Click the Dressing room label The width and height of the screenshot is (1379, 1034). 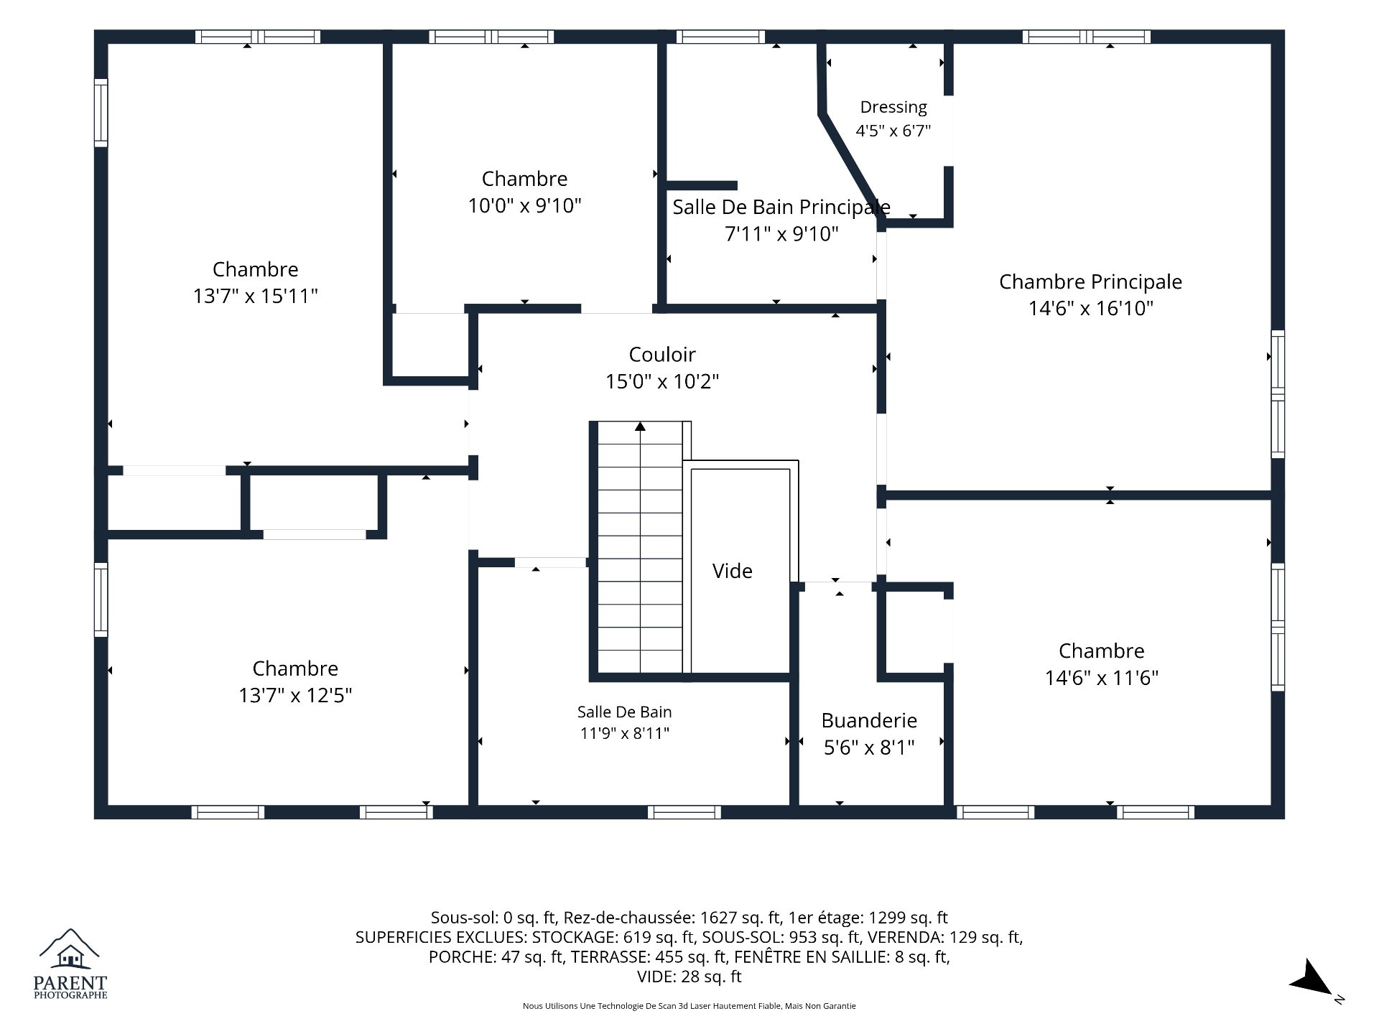pos(893,107)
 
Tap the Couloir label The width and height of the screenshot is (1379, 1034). pos(662,354)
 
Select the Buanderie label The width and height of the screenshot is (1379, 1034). pos(869,720)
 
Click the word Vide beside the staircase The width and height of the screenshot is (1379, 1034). pos(733,571)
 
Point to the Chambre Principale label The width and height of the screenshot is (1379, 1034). pos(1090,281)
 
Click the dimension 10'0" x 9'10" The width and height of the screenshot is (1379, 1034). pos(524,206)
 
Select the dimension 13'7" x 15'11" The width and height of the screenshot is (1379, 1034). pos(255,296)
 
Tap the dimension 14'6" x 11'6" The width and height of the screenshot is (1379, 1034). pos(1101,678)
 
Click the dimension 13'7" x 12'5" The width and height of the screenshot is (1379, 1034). pos(295,695)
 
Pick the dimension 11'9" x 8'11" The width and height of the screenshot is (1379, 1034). pos(625,733)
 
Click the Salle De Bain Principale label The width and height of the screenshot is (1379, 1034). pos(781,208)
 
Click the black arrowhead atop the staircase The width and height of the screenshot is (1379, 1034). pos(640,427)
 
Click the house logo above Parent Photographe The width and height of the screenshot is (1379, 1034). pos(70,949)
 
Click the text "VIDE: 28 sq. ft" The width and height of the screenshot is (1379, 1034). pos(689,977)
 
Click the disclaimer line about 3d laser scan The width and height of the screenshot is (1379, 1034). pos(689,1006)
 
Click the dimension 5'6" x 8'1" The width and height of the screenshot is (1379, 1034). pos(869,748)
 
